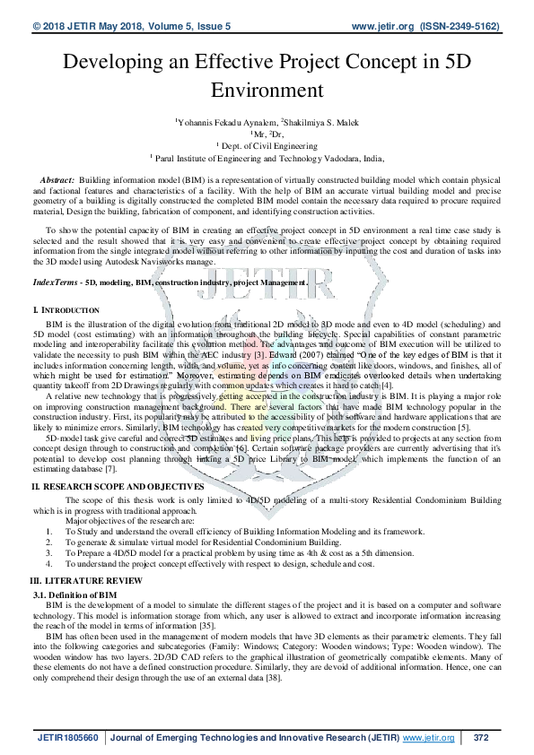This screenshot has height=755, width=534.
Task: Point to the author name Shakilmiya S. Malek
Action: (x=322, y=119)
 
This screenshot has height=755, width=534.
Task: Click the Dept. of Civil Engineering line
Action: (x=268, y=143)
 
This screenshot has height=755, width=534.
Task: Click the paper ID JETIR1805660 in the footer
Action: (x=67, y=737)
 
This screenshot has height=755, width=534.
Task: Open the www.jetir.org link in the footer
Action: (x=429, y=737)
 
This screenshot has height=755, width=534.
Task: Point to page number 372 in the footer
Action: (x=479, y=737)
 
